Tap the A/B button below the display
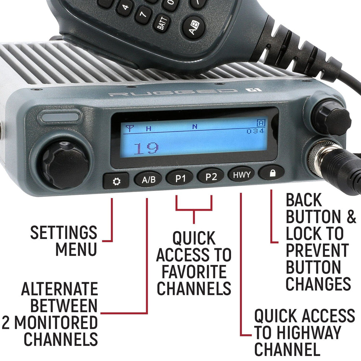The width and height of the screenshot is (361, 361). point(148,179)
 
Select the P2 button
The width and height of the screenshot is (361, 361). point(211,177)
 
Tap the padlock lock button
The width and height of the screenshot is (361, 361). point(272,173)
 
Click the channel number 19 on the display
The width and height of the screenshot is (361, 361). point(146,148)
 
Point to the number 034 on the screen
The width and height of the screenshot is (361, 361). point(255,131)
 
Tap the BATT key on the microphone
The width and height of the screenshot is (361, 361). point(161,25)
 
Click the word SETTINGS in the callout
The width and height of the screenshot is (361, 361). point(64,233)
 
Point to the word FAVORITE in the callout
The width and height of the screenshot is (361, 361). point(194,272)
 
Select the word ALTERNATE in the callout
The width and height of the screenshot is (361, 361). point(60,289)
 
